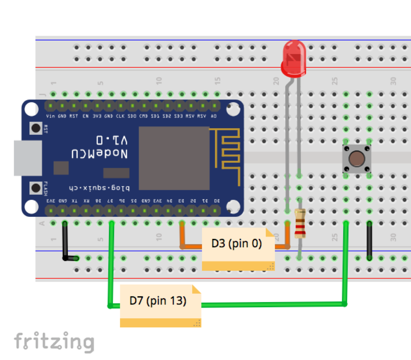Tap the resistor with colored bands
(300, 223)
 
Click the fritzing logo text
(54, 342)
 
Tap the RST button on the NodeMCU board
(36, 128)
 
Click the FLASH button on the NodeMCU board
(36, 188)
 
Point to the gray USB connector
(28, 158)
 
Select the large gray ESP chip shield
(174, 158)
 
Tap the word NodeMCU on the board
(99, 154)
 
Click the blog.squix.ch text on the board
(99, 188)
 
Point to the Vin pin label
(50, 116)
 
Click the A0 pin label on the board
(214, 116)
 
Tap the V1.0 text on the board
(112, 140)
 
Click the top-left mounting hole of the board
(31, 109)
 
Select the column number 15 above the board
(217, 81)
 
